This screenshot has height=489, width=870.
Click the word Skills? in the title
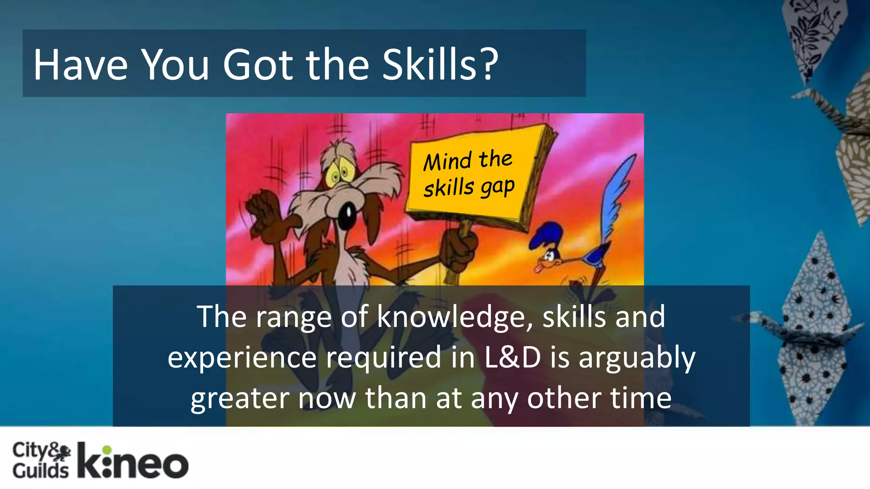click(440, 65)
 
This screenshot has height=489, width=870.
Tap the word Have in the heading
click(80, 65)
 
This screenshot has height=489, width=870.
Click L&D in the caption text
click(512, 357)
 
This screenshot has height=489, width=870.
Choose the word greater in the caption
click(240, 399)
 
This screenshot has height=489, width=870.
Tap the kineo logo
click(133, 462)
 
